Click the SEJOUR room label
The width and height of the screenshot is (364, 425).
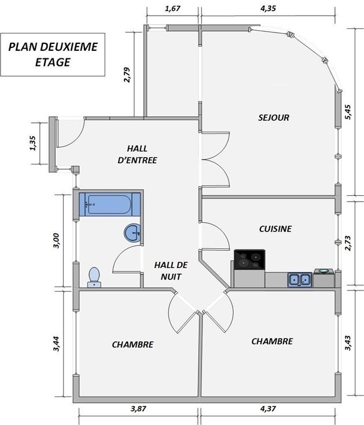274,118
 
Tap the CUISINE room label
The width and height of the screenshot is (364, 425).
275,229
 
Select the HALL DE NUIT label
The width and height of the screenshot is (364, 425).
171,270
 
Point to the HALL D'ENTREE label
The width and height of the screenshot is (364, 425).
138,154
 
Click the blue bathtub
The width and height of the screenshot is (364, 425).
109,204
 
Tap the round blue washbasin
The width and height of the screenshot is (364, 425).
133,233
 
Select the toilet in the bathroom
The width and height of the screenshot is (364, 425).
94,278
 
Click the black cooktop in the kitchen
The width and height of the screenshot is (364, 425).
249,259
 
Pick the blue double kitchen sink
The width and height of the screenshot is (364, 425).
300,279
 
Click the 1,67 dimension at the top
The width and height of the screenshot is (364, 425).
172,9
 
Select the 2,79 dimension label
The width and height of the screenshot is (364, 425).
127,75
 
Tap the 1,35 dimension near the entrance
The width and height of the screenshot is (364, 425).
32,143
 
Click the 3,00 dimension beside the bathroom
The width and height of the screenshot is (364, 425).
56,241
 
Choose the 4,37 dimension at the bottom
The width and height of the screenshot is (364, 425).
268,408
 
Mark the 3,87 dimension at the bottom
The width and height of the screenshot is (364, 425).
138,408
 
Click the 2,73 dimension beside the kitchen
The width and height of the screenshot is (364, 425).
348,243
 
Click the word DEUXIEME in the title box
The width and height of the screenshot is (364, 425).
68,47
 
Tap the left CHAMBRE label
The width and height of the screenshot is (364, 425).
133,345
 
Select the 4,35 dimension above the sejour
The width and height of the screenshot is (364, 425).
268,9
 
